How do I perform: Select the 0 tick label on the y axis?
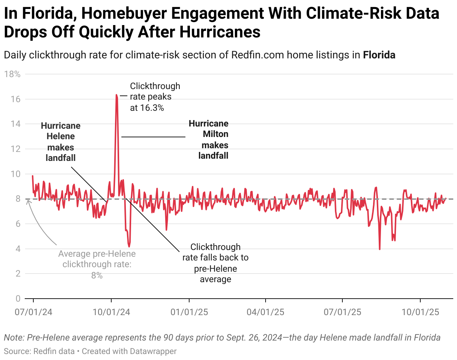18,299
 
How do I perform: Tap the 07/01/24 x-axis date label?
33,312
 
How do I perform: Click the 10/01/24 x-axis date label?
111,312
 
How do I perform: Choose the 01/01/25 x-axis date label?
189,312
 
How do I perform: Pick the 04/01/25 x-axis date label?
266,312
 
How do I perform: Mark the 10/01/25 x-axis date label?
420,312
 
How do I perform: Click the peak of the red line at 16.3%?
116,95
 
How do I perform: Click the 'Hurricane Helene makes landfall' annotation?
61,142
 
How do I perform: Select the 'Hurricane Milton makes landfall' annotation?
209,139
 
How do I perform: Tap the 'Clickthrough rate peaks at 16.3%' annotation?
155,97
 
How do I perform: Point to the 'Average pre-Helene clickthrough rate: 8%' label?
97,265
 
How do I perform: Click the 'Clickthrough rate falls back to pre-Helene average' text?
215,263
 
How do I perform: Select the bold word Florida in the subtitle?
379,55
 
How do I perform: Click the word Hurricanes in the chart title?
219,33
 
